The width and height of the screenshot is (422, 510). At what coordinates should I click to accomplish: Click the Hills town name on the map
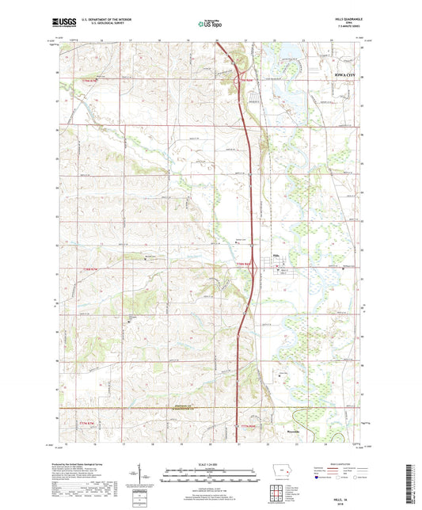276,255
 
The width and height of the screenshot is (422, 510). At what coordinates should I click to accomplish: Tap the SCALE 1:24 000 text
211,463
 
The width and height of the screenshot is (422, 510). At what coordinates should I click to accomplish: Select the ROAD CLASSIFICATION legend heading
341,463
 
